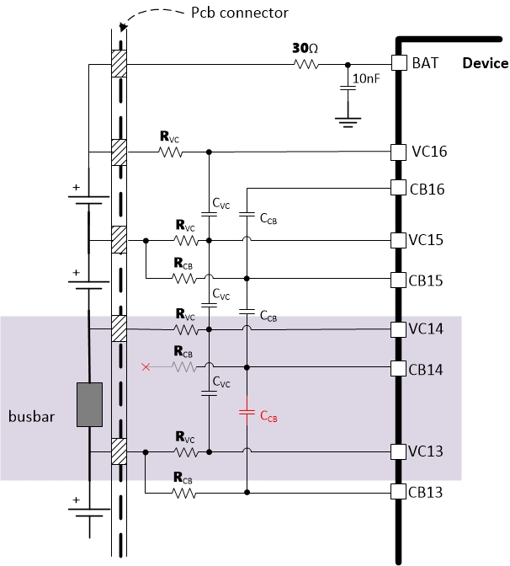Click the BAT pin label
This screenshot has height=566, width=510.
point(424,63)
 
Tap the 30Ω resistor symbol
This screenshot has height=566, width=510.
point(305,63)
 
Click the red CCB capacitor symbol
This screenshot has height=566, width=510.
point(247,412)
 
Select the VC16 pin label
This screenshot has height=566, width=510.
point(430,152)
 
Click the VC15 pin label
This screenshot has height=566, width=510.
point(430,241)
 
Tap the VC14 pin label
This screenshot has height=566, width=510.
point(430,328)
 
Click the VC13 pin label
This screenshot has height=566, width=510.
point(430,451)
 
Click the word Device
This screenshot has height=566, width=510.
point(485,63)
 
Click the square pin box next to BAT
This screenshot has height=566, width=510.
point(399,63)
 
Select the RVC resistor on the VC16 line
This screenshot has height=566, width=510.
point(171,152)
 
